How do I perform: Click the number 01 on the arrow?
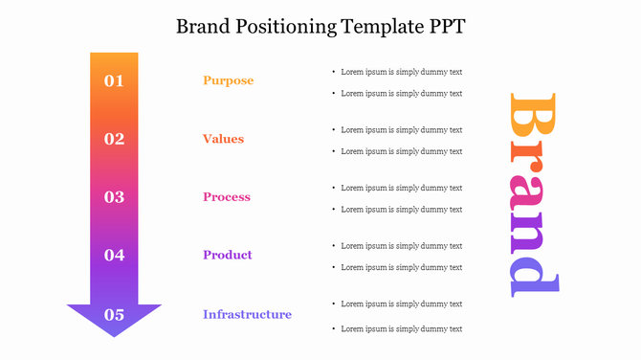point(114,80)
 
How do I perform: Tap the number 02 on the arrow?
point(114,139)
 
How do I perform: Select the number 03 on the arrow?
point(114,197)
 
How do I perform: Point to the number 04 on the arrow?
point(114,255)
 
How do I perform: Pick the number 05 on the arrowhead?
point(114,314)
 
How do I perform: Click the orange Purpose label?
point(228,80)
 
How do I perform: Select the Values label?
point(223,139)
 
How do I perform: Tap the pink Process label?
point(227,197)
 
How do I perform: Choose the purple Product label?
point(228,255)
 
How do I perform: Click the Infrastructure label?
point(247,314)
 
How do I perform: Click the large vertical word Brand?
point(533,192)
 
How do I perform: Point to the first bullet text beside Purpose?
point(402,72)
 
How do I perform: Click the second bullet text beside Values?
point(402,151)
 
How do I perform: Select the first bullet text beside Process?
point(402,188)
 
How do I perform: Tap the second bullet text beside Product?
point(402,267)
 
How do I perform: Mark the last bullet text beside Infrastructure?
point(402,329)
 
